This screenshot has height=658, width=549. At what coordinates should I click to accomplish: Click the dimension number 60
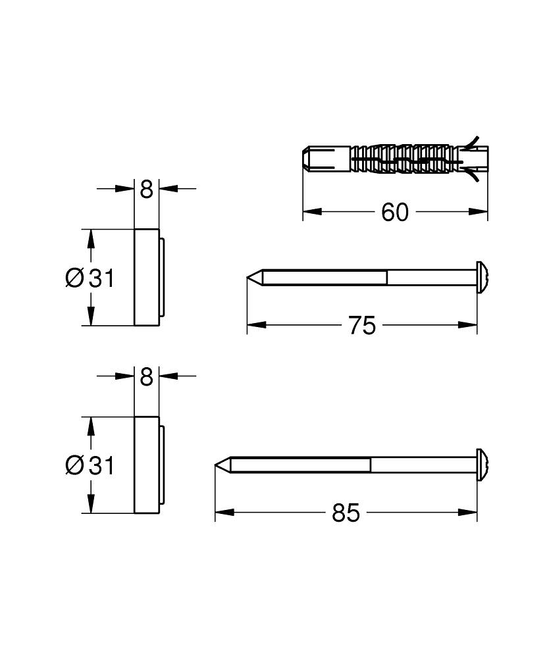[395, 212]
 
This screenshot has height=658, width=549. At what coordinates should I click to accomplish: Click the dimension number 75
[362, 325]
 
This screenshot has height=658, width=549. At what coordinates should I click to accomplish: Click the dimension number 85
[346, 513]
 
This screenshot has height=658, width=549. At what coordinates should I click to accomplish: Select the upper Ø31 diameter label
[90, 278]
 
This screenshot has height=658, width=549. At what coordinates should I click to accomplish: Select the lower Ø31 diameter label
[90, 466]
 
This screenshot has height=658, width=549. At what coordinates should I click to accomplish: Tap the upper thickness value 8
[146, 190]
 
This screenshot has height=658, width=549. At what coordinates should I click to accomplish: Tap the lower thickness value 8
[146, 377]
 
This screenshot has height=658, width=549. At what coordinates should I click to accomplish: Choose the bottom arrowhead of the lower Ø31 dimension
[90, 506]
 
